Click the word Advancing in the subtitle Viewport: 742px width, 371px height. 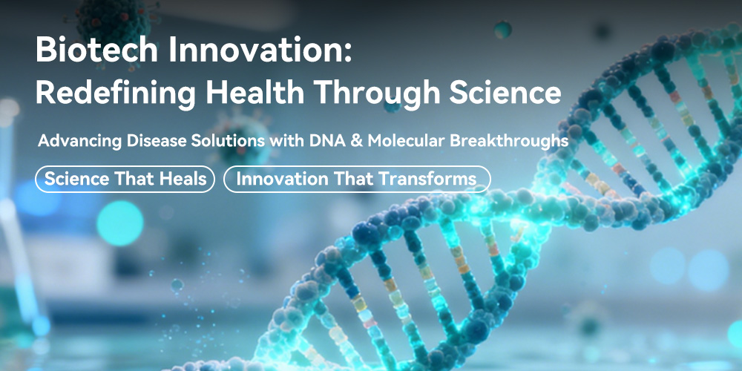(x=77, y=141)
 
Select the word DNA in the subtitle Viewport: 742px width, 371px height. (x=322, y=140)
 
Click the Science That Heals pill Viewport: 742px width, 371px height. (x=125, y=179)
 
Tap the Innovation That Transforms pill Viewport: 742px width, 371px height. (x=357, y=179)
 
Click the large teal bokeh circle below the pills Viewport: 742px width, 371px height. (x=120, y=223)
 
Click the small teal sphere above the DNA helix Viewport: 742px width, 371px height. (x=502, y=30)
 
